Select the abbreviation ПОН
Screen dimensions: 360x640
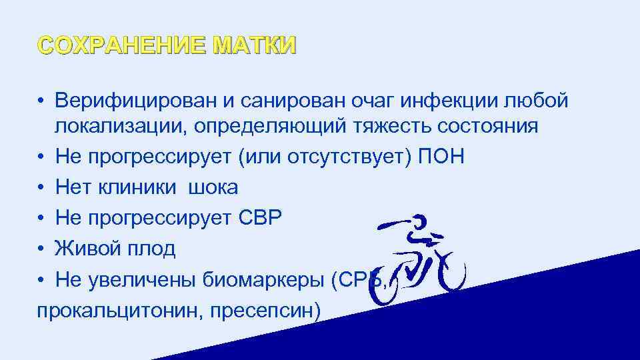click(443, 157)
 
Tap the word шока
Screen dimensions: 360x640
click(213, 187)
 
